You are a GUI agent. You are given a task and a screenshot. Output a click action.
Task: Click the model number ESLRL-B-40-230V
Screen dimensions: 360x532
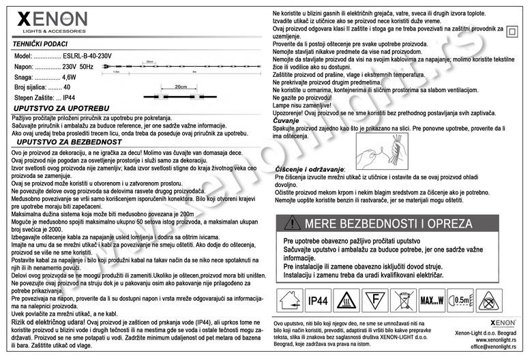click(x=87, y=55)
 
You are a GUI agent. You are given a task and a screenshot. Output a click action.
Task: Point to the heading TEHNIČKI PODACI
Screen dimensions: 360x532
click(x=41, y=43)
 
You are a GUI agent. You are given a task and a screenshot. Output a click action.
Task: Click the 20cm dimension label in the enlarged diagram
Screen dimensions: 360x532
click(x=181, y=87)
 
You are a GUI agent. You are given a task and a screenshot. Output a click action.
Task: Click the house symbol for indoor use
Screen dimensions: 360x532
click(x=289, y=301)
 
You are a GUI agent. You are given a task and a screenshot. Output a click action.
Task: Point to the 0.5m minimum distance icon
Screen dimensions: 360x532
click(x=463, y=301)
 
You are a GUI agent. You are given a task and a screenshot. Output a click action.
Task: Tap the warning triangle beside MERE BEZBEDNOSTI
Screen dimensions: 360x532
click(x=293, y=224)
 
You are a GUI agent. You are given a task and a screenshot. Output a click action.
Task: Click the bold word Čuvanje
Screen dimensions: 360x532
click(x=286, y=121)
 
